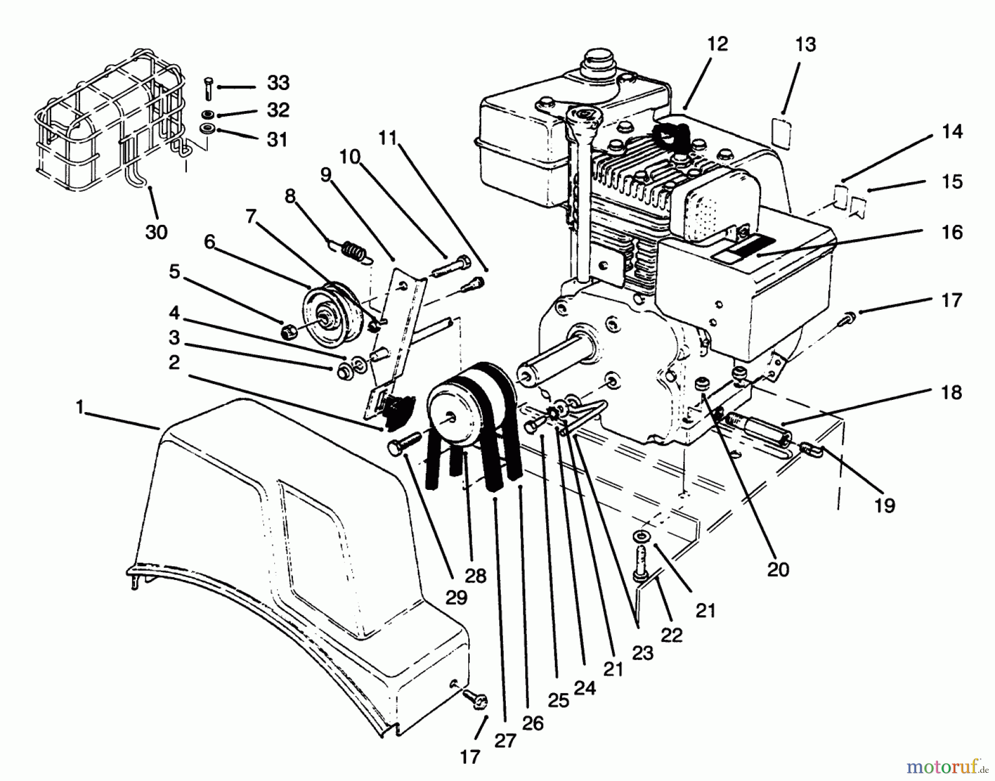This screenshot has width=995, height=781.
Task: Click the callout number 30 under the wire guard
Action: (156, 232)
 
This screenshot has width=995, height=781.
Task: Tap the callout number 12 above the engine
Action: (718, 44)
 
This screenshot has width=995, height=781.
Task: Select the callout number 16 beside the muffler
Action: (952, 232)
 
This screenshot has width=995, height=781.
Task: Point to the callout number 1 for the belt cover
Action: (80, 408)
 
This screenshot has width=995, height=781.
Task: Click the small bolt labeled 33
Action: (208, 88)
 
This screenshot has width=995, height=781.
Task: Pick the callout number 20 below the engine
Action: (778, 569)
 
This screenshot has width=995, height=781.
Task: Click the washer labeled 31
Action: (208, 130)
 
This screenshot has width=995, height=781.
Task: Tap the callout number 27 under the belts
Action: (505, 740)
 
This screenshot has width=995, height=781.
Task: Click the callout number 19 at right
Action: (885, 505)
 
